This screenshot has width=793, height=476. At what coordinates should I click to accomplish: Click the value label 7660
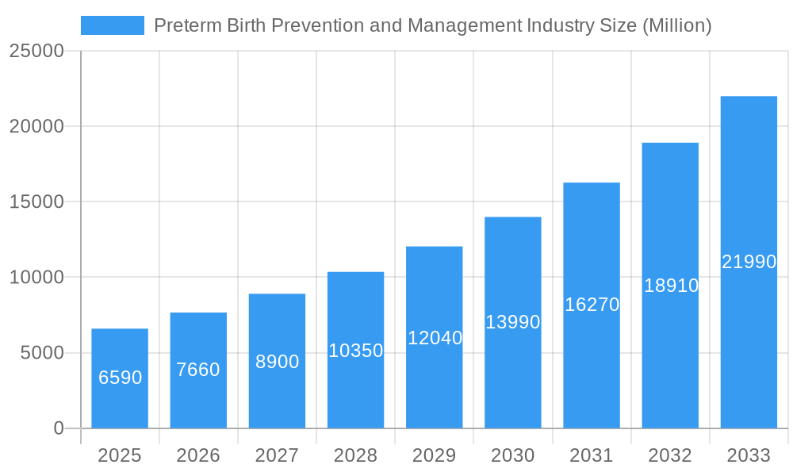pos(198,370)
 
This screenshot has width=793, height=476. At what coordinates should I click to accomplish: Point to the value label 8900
pos(277,362)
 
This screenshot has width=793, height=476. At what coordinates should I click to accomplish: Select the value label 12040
pos(435,338)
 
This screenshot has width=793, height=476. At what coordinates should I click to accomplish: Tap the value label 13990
pos(513,322)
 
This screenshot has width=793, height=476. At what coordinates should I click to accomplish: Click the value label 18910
pos(671,286)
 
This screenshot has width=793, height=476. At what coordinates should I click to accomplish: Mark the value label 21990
pos(749,262)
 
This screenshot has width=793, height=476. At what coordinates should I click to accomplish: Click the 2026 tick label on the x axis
pos(198,455)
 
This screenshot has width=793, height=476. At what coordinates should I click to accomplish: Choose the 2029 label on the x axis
pos(435,455)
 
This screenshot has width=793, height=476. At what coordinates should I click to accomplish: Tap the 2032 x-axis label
pos(670,455)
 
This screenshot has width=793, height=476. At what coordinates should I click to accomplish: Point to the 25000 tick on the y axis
pos(36,51)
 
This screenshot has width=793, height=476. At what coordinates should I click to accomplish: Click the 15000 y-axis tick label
pos(36,202)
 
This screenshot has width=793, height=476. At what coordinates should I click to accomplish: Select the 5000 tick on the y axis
pos(42,353)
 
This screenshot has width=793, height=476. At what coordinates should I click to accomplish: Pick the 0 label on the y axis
pos(59,428)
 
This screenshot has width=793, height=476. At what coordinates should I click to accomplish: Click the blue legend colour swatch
pos(113,25)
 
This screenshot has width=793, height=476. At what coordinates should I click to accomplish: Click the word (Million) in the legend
pos(676,25)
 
